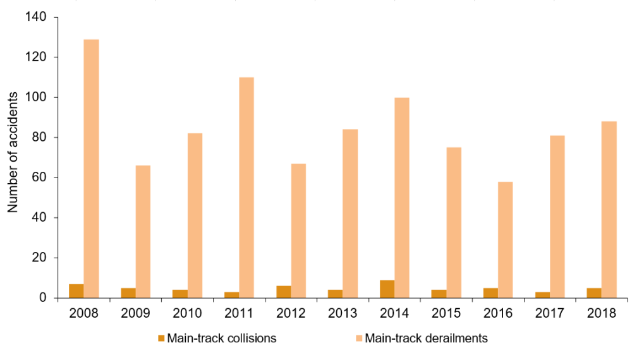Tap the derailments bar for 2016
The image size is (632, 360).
point(506,239)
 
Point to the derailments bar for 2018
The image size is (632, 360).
point(609,209)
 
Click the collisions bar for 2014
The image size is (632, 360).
point(387,289)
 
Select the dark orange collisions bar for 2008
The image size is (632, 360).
point(76,291)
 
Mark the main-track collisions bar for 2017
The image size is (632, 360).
point(542,294)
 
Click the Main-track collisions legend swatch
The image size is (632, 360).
point(161,339)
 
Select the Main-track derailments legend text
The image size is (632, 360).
point(427,339)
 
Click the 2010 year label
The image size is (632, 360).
point(187,313)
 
